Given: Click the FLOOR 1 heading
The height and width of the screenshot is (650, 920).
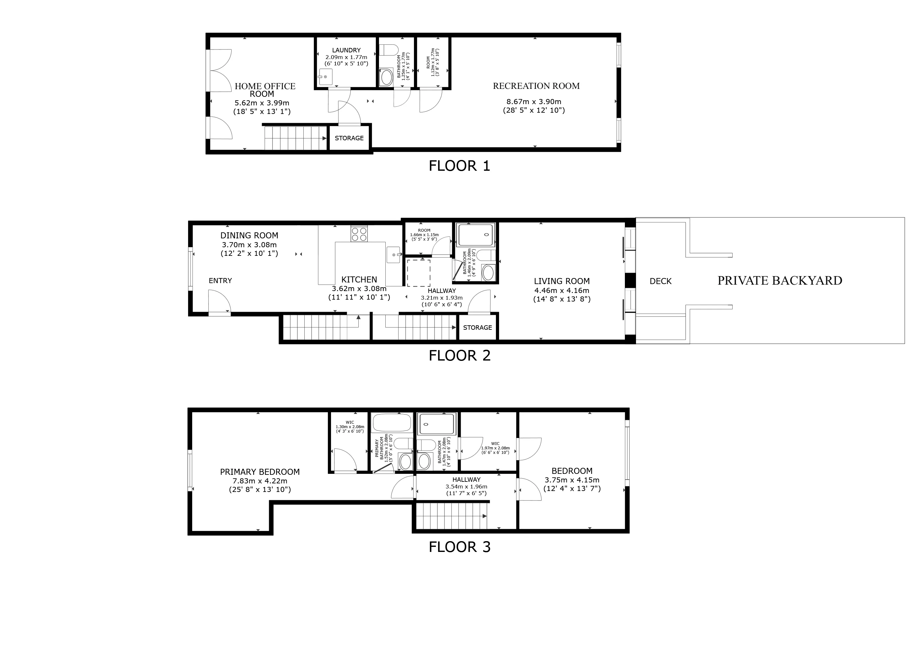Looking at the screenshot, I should click(459, 166).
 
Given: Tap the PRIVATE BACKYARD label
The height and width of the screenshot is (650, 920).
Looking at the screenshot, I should click(779, 281).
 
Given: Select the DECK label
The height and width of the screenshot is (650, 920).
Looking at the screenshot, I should click(660, 281).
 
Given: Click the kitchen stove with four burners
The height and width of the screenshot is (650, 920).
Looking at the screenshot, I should click(359, 234).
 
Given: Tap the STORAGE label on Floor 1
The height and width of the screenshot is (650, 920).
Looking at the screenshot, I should click(349, 138).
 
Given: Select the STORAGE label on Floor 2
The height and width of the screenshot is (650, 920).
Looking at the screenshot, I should click(477, 328).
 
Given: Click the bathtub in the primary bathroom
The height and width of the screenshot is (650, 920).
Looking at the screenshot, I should click(391, 422).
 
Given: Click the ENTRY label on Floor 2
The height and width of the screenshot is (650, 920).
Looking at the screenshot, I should click(220, 281).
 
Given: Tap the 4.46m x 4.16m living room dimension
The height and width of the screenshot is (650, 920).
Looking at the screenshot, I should click(561, 291).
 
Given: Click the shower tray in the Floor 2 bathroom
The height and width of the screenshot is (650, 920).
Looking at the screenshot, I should click(476, 235).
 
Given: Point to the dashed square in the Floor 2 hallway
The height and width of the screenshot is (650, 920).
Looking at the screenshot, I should click(419, 273).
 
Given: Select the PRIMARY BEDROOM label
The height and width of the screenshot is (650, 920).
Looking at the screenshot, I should click(260, 472).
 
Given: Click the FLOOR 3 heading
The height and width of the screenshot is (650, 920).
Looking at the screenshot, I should click(459, 547).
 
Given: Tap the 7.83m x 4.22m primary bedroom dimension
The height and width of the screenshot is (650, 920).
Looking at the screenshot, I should click(260, 481).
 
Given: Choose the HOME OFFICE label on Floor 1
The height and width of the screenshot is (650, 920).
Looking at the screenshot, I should click(265, 86).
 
